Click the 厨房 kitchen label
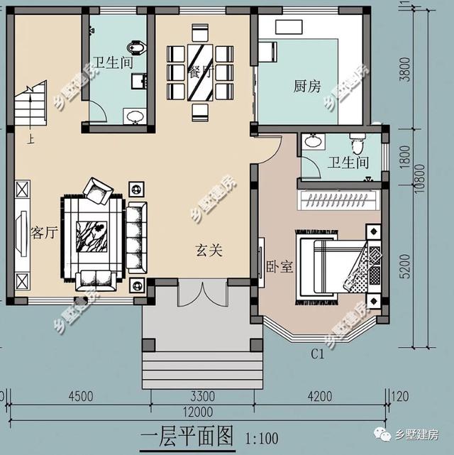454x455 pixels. click(307, 87)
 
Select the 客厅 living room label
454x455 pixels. click(44, 233)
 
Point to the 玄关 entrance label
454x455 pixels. click(210, 250)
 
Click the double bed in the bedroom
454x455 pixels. click(331, 266)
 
